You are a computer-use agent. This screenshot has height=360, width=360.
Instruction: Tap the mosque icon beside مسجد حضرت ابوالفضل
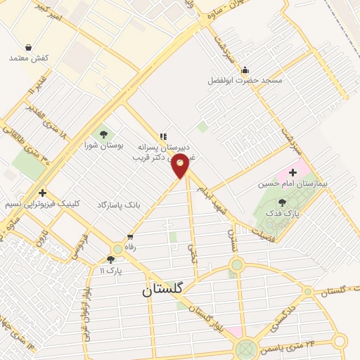coord(245,70)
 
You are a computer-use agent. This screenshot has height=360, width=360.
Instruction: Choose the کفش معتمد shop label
coord(29,58)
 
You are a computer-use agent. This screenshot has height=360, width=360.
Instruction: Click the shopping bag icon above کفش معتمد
coord(27,47)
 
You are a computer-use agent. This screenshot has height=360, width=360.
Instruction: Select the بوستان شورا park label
coord(103,146)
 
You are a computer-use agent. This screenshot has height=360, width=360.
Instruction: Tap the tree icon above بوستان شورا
coord(104,134)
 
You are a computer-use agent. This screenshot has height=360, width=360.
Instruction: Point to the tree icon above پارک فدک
coord(283,202)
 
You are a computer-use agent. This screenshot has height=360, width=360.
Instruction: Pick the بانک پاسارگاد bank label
coord(119,204)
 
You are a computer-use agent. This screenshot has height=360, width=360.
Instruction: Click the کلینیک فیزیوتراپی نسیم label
coord(43,203)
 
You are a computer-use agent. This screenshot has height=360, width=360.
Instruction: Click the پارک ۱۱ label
coord(110,270)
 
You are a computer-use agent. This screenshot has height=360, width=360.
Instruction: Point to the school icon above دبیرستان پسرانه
coord(163,136)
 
